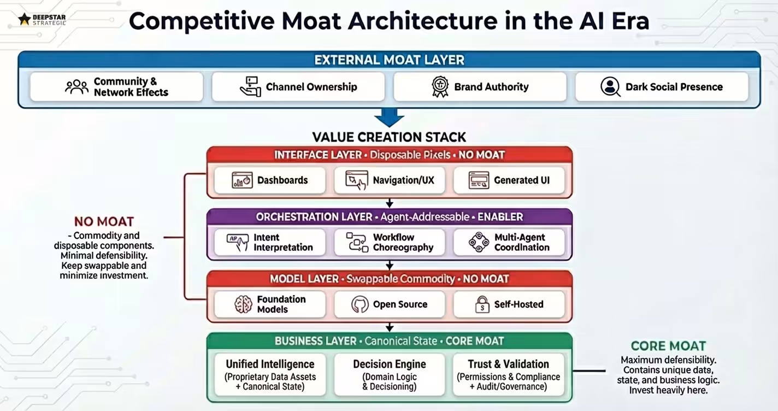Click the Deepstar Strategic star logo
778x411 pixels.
(24, 20)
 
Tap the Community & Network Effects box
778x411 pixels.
(116, 87)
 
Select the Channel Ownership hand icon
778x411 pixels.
(250, 86)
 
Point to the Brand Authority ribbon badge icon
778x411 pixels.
(440, 86)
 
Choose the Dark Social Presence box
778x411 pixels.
(662, 87)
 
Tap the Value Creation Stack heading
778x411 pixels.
(389, 137)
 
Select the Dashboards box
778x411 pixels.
(270, 180)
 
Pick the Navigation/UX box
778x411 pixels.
(390, 180)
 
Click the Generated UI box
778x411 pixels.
(509, 180)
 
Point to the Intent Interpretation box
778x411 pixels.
(270, 242)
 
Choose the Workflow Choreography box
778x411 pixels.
(390, 242)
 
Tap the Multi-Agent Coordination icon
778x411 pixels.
(479, 242)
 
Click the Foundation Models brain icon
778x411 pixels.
(243, 304)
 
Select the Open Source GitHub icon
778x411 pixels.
(359, 304)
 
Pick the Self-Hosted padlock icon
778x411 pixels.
(482, 304)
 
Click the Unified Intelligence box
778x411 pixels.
(270, 375)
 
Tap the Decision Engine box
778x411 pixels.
(390, 375)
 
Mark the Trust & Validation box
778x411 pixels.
(509, 375)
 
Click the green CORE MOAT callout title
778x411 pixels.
(668, 346)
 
